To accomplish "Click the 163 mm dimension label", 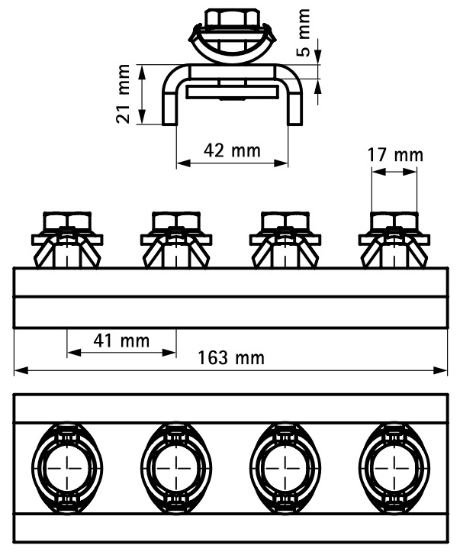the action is [231, 358].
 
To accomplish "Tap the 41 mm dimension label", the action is [121, 340].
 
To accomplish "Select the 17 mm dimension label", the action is [395, 155].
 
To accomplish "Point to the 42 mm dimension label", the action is [233, 150].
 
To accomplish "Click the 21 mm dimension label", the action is [123, 94].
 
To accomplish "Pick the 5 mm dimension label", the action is [304, 33].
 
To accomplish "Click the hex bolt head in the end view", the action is [233, 18].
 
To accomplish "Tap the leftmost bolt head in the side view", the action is [67, 220].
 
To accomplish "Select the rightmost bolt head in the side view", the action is [394, 220].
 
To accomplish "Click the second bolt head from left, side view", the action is [175, 220].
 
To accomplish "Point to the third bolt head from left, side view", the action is [285, 220].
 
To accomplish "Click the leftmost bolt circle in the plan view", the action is [67, 468].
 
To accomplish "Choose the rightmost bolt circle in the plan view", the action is [394, 468].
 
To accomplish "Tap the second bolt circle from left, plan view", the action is [175, 468].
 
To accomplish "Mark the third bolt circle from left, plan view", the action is [285, 468].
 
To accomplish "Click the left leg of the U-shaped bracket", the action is [169, 106].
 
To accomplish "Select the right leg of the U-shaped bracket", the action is [295, 106].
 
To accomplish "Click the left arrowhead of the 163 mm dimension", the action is [21, 370].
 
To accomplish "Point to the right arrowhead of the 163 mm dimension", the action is [441, 370].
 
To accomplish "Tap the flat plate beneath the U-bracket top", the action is [233, 92].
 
